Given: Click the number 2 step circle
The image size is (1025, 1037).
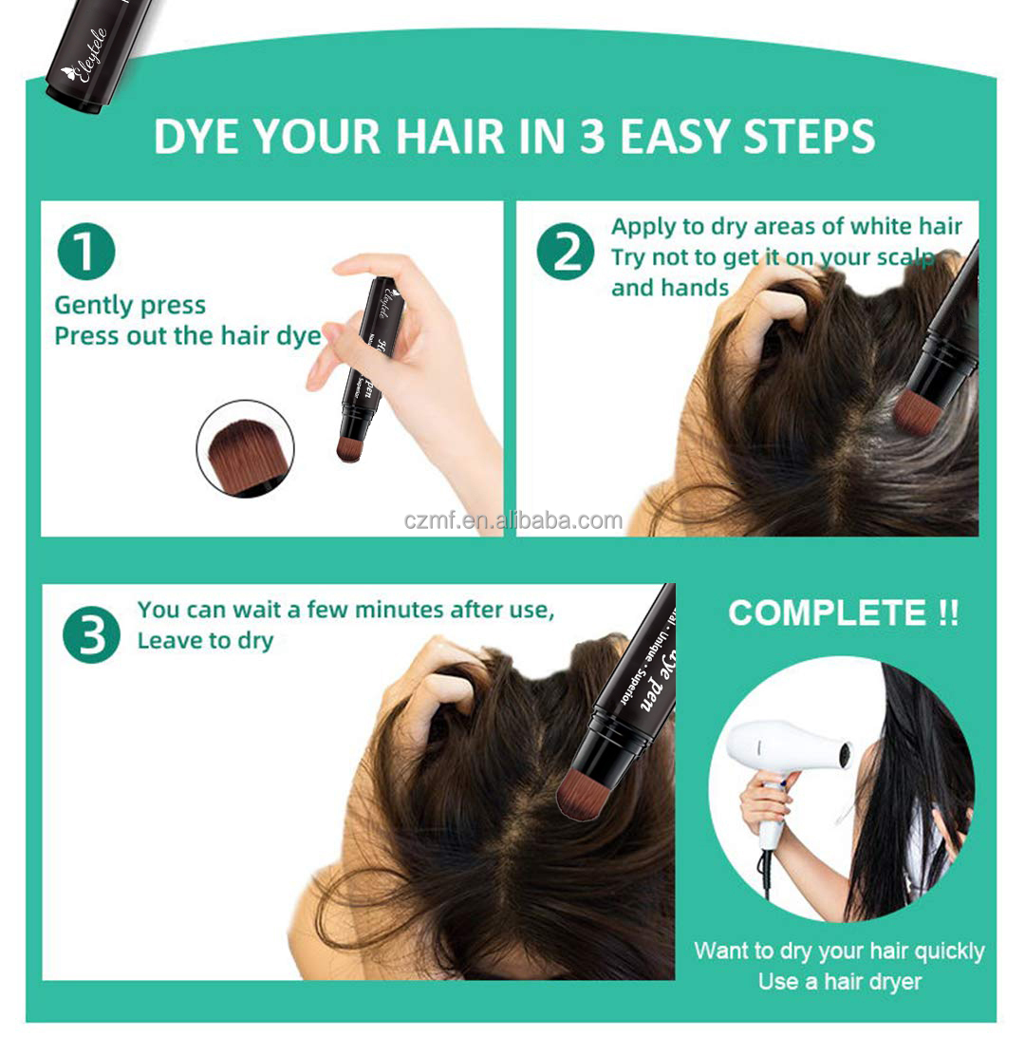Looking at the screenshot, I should pyautogui.click(x=566, y=253).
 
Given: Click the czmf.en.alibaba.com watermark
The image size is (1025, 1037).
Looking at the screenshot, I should pyautogui.click(x=512, y=520).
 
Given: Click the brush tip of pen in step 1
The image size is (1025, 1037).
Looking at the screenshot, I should pyautogui.click(x=350, y=447).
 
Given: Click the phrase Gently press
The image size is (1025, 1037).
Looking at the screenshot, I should pyautogui.click(x=130, y=306).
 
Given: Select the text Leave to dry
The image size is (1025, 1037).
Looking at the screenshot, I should pyautogui.click(x=205, y=641).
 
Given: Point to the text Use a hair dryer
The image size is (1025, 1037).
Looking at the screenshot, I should pyautogui.click(x=839, y=982).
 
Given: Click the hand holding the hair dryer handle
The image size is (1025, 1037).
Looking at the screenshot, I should pyautogui.click(x=767, y=802).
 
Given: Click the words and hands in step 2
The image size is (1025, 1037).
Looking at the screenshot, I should pyautogui.click(x=670, y=288).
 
